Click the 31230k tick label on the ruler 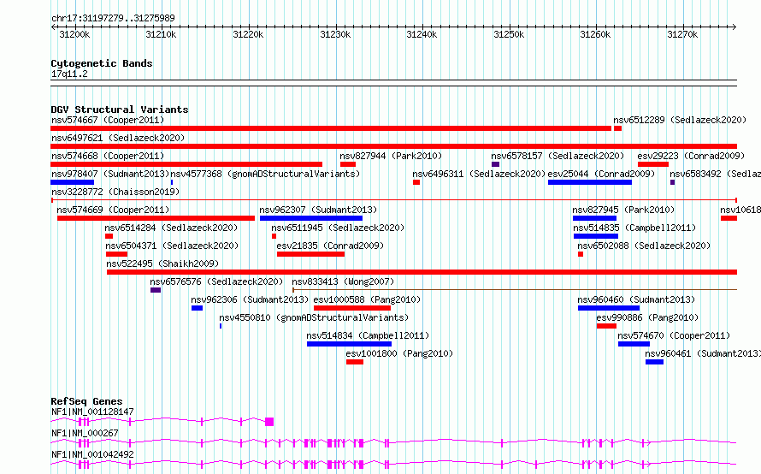click(x=335, y=34)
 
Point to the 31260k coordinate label click(x=595, y=34)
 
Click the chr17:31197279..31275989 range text click(x=113, y=18)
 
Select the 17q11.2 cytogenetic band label click(x=69, y=74)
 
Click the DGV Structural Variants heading click(x=120, y=110)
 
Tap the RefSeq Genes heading click(x=86, y=401)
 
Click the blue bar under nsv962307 click(x=311, y=218)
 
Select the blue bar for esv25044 click(x=590, y=182)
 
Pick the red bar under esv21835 click(x=310, y=254)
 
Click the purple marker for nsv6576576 click(x=156, y=290)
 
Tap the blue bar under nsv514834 click(x=349, y=344)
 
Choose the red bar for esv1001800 click(x=355, y=362)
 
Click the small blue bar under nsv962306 click(x=197, y=308)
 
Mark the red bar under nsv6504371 click(x=116, y=254)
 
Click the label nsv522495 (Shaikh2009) click(x=162, y=264)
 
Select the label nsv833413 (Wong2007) click(x=343, y=281)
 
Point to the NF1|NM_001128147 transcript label click(x=92, y=412)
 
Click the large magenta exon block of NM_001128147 click(x=269, y=422)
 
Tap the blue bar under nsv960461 click(x=654, y=362)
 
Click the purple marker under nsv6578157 click(x=496, y=164)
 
